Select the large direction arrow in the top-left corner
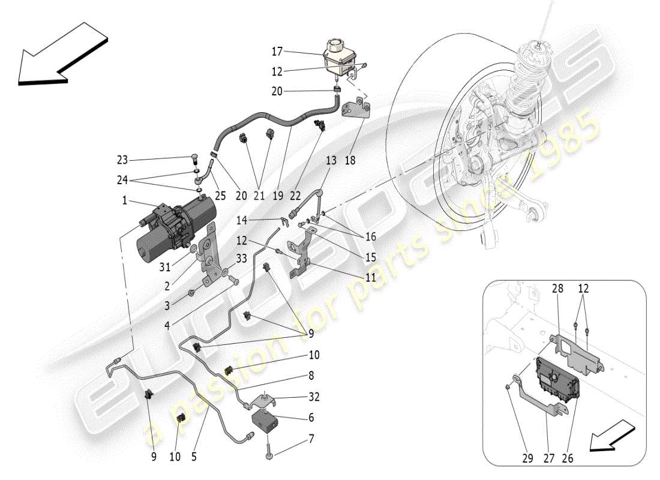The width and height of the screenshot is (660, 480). tap(60, 54)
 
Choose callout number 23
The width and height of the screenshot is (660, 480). tap(122, 160)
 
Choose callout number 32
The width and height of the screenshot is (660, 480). tap(314, 397)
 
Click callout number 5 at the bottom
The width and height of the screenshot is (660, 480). tap(193, 457)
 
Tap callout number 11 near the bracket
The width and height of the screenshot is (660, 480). tap(371, 278)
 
